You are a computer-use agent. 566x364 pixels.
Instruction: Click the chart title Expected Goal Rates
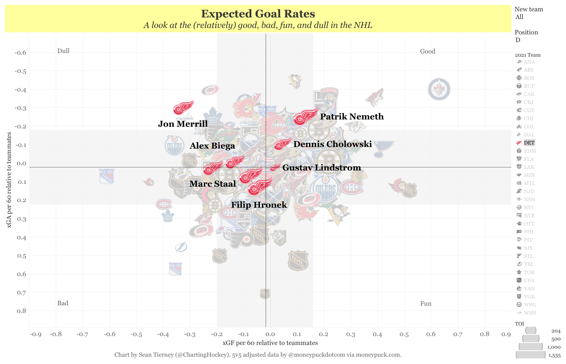pos(258,14)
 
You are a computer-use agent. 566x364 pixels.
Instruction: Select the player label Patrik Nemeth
pos(352,117)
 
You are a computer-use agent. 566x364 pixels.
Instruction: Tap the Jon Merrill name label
pos(182,124)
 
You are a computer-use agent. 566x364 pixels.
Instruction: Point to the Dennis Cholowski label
pos(332,144)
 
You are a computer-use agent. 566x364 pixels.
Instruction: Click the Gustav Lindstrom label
pos(321,168)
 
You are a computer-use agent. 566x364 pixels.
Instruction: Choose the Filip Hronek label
pos(259,205)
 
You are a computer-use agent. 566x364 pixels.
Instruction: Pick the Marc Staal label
pos(212,184)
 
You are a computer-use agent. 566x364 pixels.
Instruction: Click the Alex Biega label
pos(212,146)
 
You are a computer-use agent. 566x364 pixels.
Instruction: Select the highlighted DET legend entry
pos(529,143)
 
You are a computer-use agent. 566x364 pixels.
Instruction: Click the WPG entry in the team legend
pos(529,305)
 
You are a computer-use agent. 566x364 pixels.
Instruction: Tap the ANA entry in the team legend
pos(529,62)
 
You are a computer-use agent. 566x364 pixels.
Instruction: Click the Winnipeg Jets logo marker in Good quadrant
pos(439,89)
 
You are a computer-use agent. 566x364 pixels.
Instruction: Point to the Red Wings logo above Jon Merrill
pos(183,108)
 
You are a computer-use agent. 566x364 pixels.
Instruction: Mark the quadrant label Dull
pos(64,51)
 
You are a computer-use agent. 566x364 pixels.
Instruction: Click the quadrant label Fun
pos(426,304)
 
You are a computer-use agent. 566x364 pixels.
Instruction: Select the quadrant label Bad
pos(63,303)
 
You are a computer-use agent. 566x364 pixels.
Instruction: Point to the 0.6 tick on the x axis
pos(431,334)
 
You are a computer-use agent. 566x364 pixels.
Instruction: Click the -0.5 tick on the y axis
pos(20,71)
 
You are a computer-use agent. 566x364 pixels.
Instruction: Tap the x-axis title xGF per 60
pos(270,343)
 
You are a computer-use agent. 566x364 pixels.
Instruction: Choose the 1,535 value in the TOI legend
pos(554,355)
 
